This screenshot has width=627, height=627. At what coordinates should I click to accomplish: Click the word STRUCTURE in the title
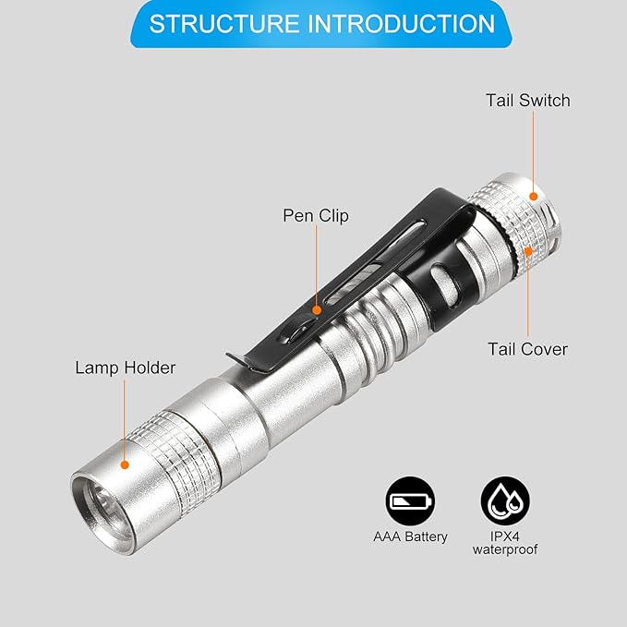click(x=224, y=24)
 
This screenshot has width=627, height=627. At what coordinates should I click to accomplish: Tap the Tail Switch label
click(x=528, y=101)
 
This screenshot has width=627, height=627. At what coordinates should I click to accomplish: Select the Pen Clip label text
click(x=316, y=215)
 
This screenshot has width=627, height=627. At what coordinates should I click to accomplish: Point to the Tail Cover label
click(x=527, y=349)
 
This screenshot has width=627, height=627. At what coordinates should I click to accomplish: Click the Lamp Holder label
click(x=126, y=368)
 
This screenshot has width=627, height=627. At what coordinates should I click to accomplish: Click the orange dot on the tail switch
click(x=533, y=197)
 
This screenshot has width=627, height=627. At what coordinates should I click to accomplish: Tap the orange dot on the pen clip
click(x=317, y=310)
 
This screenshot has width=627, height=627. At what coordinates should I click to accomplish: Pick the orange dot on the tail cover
click(x=528, y=251)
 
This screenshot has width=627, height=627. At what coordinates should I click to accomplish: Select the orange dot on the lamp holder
click(x=125, y=464)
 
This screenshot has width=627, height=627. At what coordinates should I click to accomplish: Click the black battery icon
click(x=410, y=500)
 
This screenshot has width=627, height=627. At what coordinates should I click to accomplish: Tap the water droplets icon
click(x=505, y=500)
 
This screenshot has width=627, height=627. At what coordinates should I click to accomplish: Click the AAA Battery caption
click(x=410, y=537)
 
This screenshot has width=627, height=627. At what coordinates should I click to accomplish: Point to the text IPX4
click(x=505, y=536)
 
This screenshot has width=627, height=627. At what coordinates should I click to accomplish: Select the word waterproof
click(x=505, y=549)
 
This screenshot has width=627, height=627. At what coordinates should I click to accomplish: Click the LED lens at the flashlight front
click(x=104, y=508)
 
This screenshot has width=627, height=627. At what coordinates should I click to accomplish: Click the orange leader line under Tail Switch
click(x=533, y=151)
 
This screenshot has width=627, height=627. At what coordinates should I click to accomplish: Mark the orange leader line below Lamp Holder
click(x=125, y=420)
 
